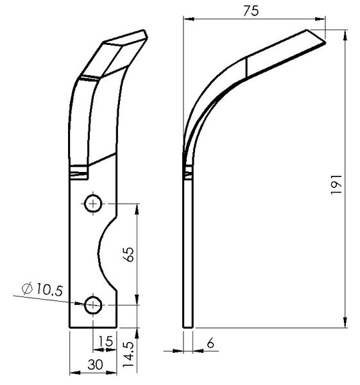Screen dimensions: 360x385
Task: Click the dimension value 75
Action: [251, 11]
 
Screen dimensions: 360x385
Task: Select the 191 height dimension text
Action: [336, 184]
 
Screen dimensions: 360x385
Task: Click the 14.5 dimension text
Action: [128, 354]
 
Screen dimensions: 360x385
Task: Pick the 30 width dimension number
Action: [95, 364]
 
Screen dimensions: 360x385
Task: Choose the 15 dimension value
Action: [105, 341]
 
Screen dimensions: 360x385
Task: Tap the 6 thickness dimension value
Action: [210, 343]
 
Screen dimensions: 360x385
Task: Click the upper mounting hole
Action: [93, 203]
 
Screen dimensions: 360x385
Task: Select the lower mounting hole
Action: [93, 305]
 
